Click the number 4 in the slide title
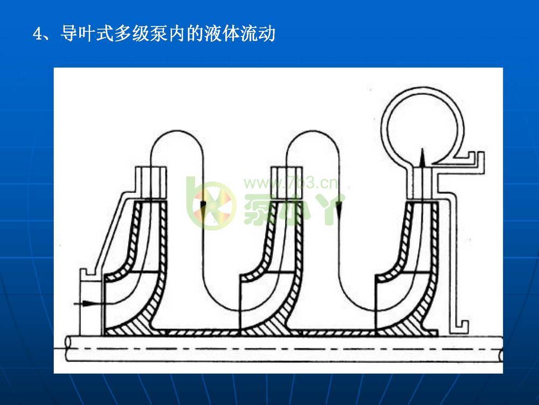(38, 34)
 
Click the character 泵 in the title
(158, 33)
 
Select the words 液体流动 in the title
(240, 33)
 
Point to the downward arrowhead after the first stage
(203, 205)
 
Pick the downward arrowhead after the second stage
(338, 208)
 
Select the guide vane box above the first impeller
(151, 183)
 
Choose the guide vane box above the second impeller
(287, 183)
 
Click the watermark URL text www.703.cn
(291, 183)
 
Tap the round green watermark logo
(211, 204)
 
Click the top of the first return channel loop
(177, 131)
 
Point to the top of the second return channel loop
(313, 131)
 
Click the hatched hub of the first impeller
(137, 327)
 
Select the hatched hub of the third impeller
(409, 327)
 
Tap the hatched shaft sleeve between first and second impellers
(203, 333)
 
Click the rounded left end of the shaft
(68, 348)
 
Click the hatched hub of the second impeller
(273, 327)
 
